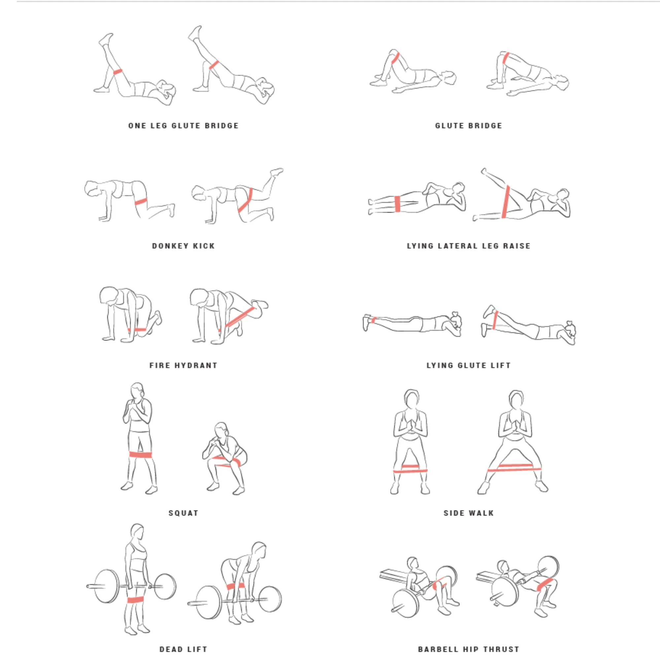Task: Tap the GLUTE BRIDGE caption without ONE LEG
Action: coord(468,126)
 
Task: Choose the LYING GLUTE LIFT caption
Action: coord(468,366)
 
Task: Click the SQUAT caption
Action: coord(183,513)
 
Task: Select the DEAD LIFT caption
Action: coord(183,649)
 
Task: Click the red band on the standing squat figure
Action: coord(141,455)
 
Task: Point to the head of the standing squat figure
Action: coord(138,390)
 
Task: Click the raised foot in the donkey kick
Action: coord(277,171)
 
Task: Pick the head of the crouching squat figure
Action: coord(221,429)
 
